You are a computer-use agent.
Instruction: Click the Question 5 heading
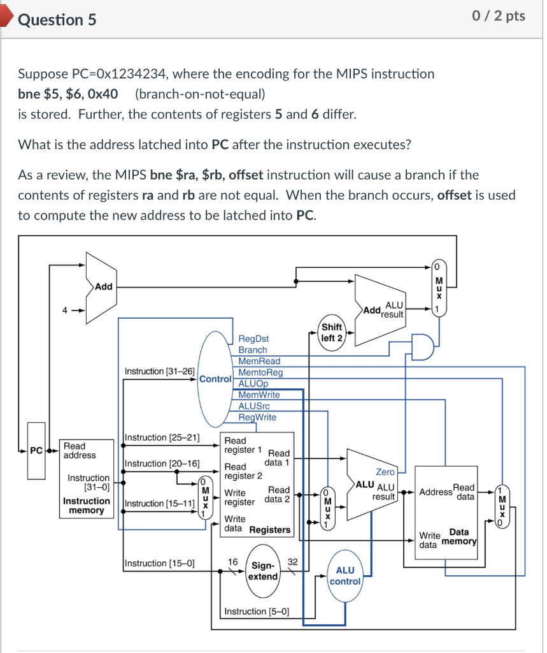click(57, 20)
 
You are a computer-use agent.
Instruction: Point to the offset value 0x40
click(103, 94)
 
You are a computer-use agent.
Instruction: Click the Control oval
click(215, 379)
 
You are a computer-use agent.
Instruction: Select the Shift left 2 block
click(332, 332)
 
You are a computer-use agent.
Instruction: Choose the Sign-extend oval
click(264, 571)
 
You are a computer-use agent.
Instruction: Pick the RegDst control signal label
click(253, 339)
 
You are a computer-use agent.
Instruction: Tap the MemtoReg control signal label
click(260, 372)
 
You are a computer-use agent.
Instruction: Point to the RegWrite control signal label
click(257, 417)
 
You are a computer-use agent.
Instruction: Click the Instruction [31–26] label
click(160, 371)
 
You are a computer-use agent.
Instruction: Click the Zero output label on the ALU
click(385, 472)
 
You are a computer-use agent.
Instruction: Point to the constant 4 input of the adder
click(64, 311)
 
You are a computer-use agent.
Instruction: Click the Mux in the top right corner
click(437, 287)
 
